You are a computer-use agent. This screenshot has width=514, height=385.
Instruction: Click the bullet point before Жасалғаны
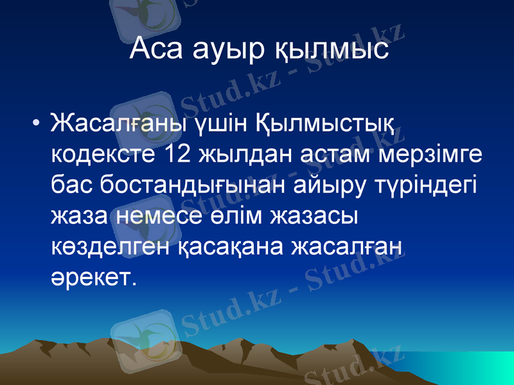pos(38,122)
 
